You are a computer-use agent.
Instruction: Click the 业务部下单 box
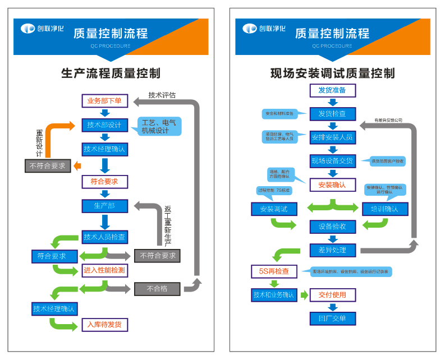(104, 101)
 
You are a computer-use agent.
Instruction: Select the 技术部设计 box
(104, 125)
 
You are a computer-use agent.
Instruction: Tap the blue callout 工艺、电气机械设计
(159, 126)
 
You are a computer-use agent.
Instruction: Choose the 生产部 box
(104, 206)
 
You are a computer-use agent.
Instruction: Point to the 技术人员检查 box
(104, 237)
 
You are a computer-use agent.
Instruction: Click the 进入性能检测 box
(104, 270)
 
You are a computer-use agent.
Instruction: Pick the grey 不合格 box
(157, 289)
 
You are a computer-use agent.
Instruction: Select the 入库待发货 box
(104, 324)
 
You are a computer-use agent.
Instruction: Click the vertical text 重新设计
(39, 144)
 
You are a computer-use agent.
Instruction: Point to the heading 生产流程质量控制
(111, 73)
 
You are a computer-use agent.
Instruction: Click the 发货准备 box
(332, 90)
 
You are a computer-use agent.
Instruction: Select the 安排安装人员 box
(332, 137)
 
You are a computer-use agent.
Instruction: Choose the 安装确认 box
(332, 184)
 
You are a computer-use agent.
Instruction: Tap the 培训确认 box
(384, 209)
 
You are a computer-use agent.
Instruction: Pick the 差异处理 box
(332, 250)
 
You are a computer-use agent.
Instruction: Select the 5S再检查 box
(274, 271)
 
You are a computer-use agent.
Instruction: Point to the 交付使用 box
(332, 295)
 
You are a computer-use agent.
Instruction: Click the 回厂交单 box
(332, 319)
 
